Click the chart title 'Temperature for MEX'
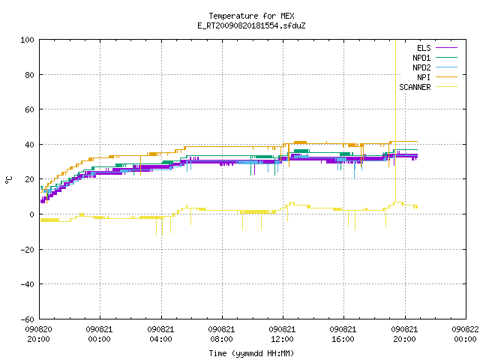click(251, 16)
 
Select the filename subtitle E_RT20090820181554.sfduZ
click(251, 25)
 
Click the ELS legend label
click(424, 48)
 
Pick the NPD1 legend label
click(421, 58)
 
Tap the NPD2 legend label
click(421, 67)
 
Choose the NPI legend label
click(424, 77)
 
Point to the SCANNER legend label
click(415, 87)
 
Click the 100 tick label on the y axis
click(27, 40)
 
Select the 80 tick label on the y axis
click(29, 75)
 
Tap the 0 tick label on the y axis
click(31, 214)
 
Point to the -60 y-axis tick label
click(27, 319)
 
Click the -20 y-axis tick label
click(27, 250)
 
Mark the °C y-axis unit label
click(8, 180)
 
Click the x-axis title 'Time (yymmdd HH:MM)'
click(251, 353)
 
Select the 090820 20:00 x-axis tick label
click(38, 334)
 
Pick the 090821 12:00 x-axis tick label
click(282, 334)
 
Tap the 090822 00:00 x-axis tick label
click(465, 334)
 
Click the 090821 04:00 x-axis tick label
click(160, 334)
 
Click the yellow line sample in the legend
click(446, 87)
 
